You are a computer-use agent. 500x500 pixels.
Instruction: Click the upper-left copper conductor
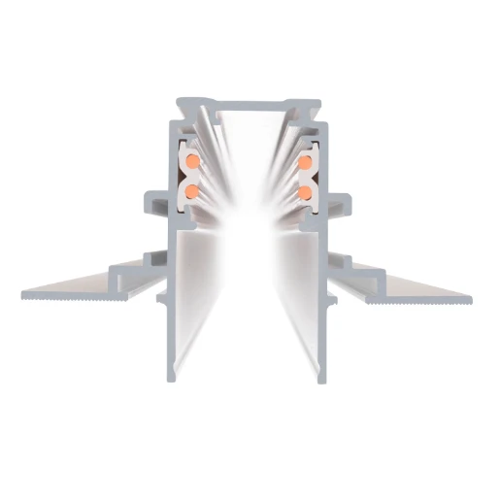(x=193, y=156)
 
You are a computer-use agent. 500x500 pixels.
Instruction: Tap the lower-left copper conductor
(x=192, y=192)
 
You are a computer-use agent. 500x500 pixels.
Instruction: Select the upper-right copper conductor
(x=307, y=156)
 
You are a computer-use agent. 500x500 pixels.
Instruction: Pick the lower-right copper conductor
(x=307, y=192)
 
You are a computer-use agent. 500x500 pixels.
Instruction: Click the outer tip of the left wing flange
(x=23, y=291)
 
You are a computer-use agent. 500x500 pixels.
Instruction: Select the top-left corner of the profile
(x=179, y=98)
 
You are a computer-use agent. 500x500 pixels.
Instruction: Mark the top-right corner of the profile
(x=321, y=98)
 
